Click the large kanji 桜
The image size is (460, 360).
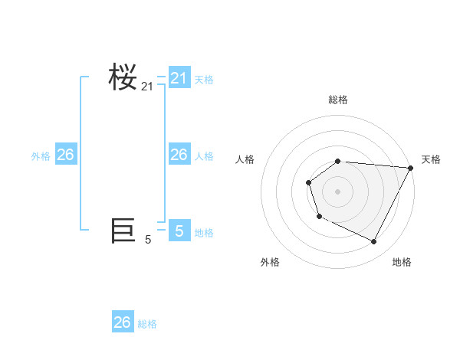pos(123,78)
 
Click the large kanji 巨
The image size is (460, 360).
pos(123,231)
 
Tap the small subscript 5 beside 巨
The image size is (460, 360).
pos(148,240)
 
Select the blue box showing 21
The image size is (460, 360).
pos(179,78)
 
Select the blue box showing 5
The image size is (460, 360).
pos(179,231)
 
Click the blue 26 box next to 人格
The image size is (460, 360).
pos(179,155)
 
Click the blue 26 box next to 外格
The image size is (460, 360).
pos(66,155)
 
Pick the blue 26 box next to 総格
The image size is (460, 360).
pos(123,322)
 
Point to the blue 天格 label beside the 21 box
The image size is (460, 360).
pos(204,79)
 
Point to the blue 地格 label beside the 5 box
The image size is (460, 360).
pos(204,232)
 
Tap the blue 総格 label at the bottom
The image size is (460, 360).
pos(147,324)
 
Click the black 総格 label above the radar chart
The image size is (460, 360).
pos(338,100)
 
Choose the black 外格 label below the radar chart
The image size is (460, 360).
pos(270,262)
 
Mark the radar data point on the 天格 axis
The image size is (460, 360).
pos(410,168)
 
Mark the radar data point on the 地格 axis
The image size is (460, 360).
pos(374,242)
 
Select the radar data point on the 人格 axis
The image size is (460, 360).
pos(308,182)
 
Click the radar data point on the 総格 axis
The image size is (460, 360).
pos(338,161)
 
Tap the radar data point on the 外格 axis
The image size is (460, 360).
pos(319,217)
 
